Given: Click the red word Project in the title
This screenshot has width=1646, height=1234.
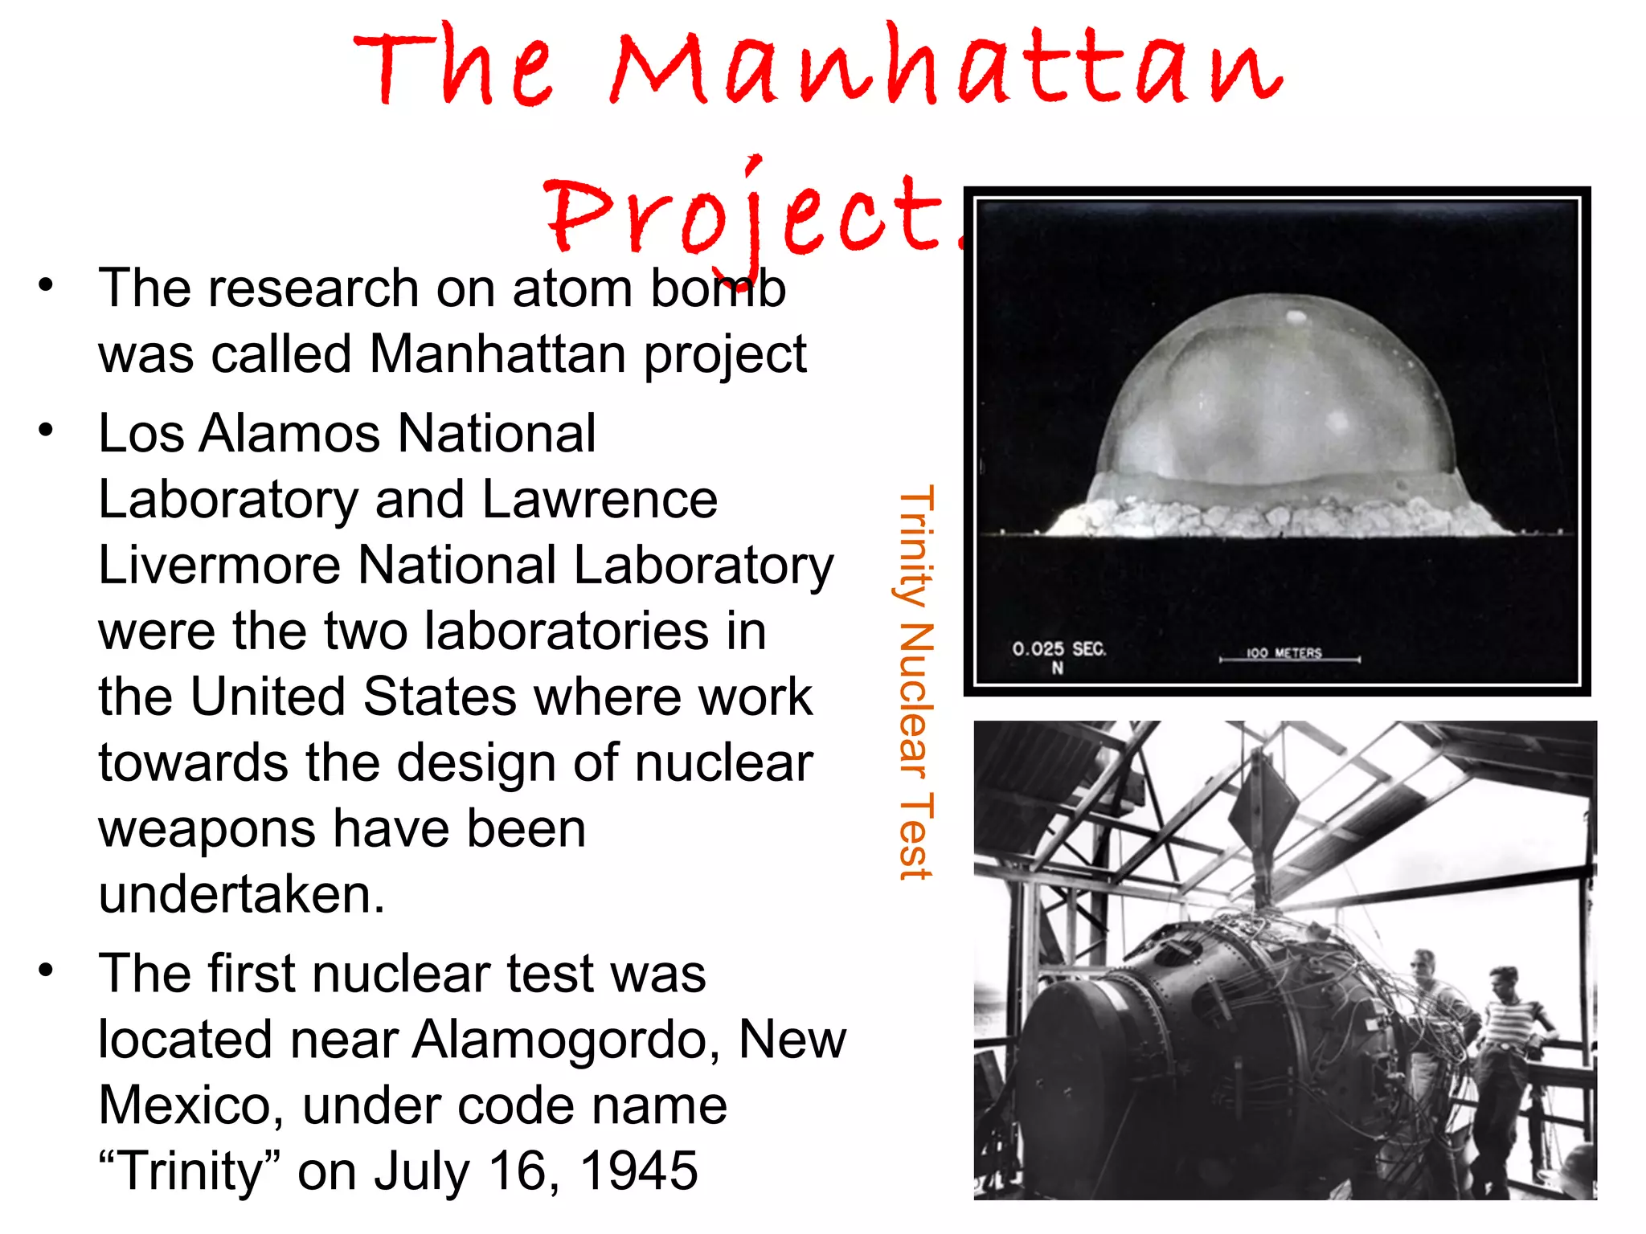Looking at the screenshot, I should click(x=743, y=213).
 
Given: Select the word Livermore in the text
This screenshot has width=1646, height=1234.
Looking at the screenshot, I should click(x=219, y=566).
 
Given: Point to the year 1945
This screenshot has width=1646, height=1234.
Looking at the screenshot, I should click(x=639, y=1171).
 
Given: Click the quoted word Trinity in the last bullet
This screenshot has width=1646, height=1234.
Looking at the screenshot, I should click(x=190, y=1171).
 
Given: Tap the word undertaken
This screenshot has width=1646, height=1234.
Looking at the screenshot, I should click(x=241, y=895).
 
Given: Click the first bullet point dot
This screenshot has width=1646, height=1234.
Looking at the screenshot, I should click(x=46, y=284).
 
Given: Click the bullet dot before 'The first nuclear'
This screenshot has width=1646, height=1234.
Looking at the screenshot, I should click(x=46, y=970).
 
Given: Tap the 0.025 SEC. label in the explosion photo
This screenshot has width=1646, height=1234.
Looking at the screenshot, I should click(x=1058, y=648).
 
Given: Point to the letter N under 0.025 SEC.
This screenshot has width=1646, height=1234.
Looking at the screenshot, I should click(x=1058, y=668).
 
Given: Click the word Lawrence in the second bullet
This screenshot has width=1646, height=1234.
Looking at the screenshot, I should click(x=600, y=500).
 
